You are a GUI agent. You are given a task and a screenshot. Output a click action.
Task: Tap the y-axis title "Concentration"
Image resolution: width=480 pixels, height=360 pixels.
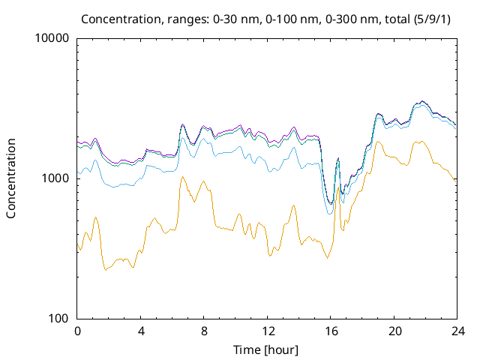point(11,178)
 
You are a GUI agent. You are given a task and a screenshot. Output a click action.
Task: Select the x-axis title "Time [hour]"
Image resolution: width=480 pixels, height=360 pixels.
point(266,349)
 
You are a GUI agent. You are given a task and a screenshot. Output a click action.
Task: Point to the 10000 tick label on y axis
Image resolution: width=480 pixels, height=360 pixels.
point(52,38)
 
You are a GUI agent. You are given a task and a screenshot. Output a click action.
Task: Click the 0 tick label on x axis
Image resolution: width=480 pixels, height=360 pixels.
point(77,331)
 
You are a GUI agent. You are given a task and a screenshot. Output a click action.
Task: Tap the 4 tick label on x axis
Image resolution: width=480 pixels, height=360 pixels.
point(141,331)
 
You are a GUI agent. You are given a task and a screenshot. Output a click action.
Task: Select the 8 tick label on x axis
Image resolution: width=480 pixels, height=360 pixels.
point(204,331)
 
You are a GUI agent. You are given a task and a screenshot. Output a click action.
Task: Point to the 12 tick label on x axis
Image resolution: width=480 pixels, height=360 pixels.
point(267,331)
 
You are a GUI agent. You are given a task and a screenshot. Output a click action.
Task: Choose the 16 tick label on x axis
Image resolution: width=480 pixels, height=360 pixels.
point(331,331)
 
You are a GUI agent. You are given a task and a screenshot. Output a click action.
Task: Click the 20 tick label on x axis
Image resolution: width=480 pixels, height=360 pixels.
point(394,331)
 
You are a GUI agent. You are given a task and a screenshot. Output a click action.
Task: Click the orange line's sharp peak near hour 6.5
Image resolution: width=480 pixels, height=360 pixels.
point(182,177)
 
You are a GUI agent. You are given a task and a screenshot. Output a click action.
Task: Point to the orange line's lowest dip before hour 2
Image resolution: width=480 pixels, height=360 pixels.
point(106,269)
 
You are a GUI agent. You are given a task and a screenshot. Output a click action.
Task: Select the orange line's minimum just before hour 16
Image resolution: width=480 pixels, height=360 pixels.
point(327,259)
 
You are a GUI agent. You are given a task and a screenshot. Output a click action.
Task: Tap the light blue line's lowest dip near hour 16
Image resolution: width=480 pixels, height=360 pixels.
point(330,214)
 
